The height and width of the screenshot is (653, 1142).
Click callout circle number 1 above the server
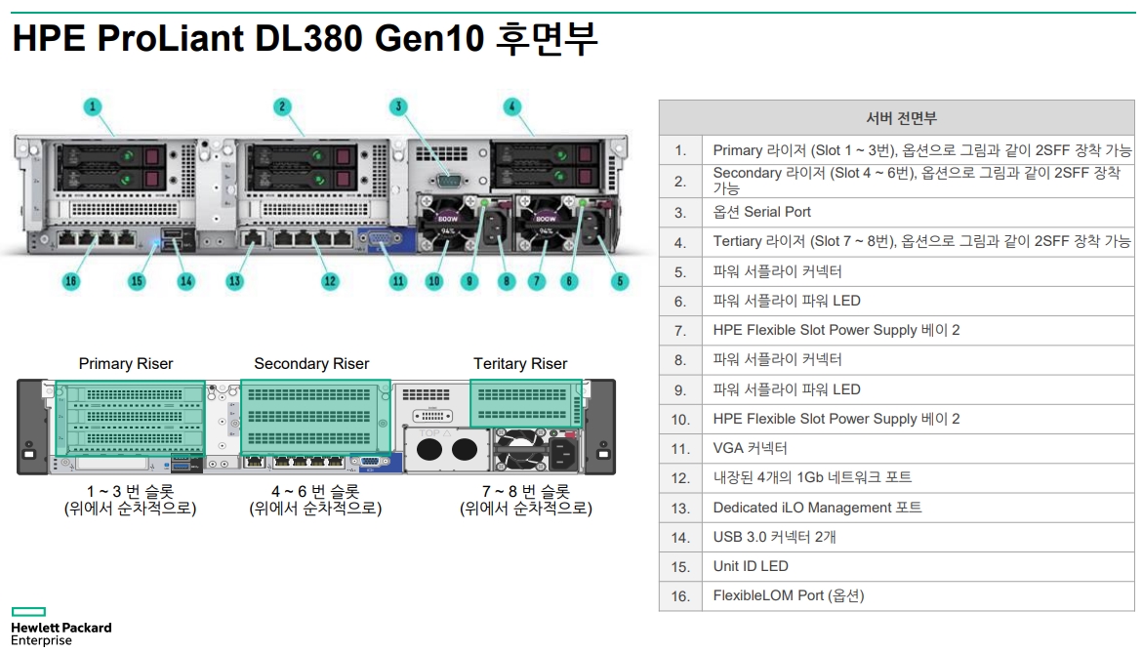pos(93,106)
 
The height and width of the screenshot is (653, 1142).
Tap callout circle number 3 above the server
pos(398,106)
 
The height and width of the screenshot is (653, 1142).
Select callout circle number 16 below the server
pos(70,281)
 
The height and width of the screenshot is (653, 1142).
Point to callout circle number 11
pos(398,281)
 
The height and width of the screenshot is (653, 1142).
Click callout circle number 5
pos(620,281)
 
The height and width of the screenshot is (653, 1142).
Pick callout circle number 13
pos(234,281)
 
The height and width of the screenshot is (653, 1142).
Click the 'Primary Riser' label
pos(126,364)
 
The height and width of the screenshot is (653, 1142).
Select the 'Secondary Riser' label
pos(311,364)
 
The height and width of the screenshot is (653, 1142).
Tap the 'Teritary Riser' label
pos(520,364)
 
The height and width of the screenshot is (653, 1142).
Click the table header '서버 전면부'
pos(901,118)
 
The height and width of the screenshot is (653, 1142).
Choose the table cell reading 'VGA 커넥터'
pos(750,448)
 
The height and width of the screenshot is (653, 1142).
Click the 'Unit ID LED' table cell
pos(751,566)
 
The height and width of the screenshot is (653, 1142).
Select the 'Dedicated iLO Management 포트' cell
pos(817,508)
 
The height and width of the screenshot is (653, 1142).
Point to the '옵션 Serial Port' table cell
pos(761,212)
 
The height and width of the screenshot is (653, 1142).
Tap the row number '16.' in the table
pos(680,596)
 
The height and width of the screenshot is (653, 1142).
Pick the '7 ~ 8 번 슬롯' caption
pos(526,491)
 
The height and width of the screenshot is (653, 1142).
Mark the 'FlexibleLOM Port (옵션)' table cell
pos(788,595)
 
